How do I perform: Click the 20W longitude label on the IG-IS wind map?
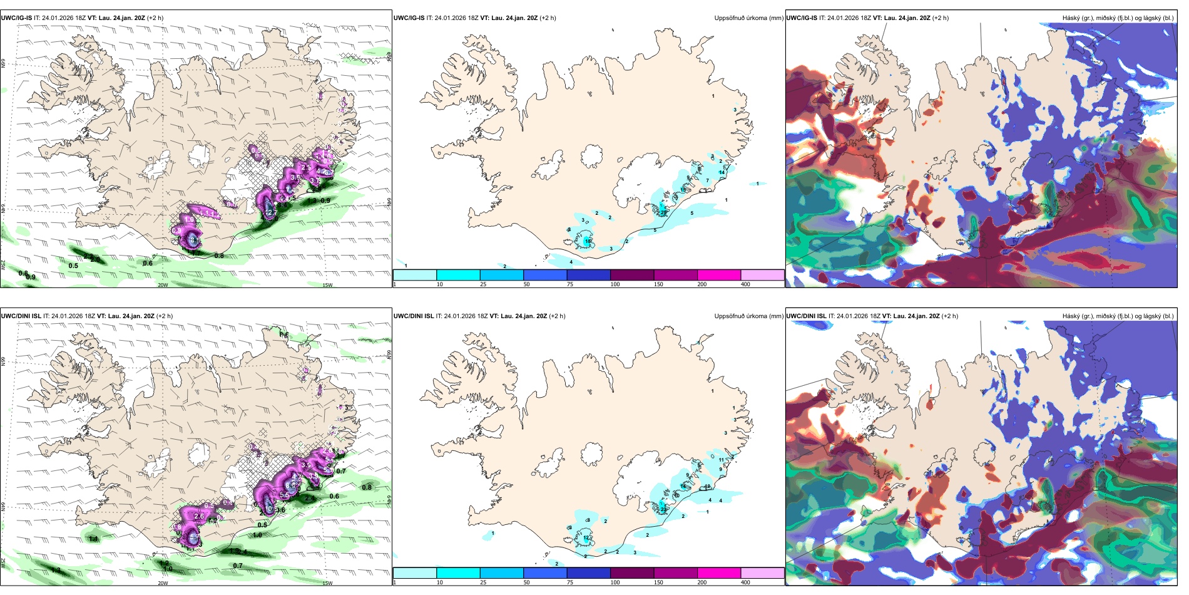point(163,285)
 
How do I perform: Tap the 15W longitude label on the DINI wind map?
point(327,583)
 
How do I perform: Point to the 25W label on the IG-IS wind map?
point(3,265)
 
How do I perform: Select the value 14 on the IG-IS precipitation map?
point(722,172)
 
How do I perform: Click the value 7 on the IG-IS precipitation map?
point(708,180)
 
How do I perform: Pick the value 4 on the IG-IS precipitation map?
point(571,262)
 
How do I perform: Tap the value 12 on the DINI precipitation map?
point(586,538)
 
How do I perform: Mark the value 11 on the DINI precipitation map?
point(721,460)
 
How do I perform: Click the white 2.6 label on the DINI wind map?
point(199,516)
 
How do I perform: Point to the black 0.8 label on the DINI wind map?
point(367,487)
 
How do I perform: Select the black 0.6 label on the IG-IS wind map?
point(148,264)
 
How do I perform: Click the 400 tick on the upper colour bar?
point(745,284)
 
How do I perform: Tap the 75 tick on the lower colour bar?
point(570,582)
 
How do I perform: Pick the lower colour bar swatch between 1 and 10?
point(415,573)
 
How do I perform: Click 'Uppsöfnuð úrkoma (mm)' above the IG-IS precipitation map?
point(748,18)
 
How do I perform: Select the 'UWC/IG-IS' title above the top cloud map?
point(802,18)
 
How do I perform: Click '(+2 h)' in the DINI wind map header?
point(165,316)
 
